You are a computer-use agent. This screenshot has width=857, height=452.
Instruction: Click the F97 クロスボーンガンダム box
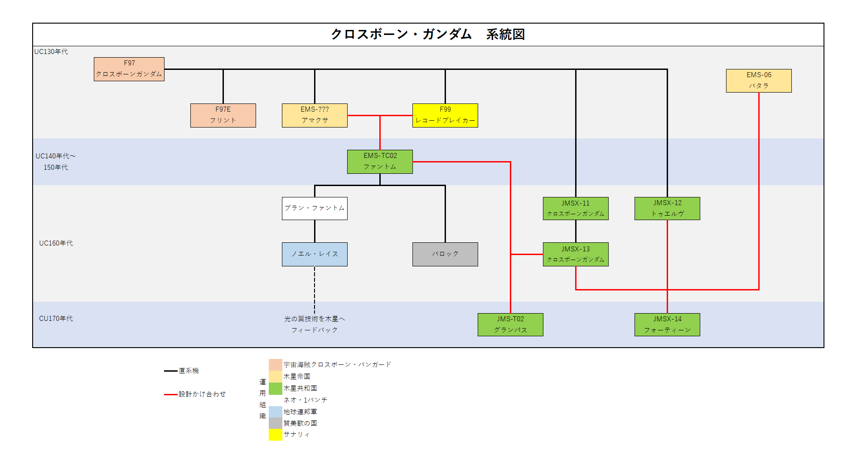pyautogui.click(x=129, y=69)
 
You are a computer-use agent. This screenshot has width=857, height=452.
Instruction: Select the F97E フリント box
pyautogui.click(x=223, y=115)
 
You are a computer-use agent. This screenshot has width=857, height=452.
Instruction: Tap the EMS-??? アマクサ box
pyautogui.click(x=315, y=115)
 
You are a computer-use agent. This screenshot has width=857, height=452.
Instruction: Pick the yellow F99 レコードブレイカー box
pyautogui.click(x=445, y=115)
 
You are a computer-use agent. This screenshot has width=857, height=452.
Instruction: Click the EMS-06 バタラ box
pyautogui.click(x=759, y=81)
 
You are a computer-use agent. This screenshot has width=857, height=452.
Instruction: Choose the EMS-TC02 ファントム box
pyautogui.click(x=380, y=162)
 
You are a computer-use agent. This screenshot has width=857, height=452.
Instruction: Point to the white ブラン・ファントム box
pyautogui.click(x=315, y=208)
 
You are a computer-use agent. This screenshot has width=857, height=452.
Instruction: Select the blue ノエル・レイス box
pyautogui.click(x=315, y=254)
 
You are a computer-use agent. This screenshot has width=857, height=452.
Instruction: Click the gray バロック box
pyautogui.click(x=445, y=254)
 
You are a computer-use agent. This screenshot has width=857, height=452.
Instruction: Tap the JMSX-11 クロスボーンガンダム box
pyautogui.click(x=576, y=208)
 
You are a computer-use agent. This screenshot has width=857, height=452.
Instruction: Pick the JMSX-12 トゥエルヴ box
pyautogui.click(x=667, y=208)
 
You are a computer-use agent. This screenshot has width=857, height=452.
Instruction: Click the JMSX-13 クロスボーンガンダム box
pyautogui.click(x=576, y=254)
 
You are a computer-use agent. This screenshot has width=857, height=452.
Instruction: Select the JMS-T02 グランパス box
pyautogui.click(x=510, y=324)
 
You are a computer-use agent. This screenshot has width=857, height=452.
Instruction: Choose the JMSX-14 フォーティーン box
pyautogui.click(x=667, y=324)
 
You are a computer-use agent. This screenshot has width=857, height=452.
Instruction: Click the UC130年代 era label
pyautogui.click(x=51, y=52)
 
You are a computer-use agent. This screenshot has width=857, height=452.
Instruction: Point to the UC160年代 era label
pyautogui.click(x=56, y=243)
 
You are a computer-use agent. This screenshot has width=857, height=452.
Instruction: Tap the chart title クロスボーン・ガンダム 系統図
pyautogui.click(x=428, y=34)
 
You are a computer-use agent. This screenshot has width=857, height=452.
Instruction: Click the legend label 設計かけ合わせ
pyautogui.click(x=202, y=394)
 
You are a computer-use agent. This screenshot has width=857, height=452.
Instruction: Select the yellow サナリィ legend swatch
pyautogui.click(x=276, y=435)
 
